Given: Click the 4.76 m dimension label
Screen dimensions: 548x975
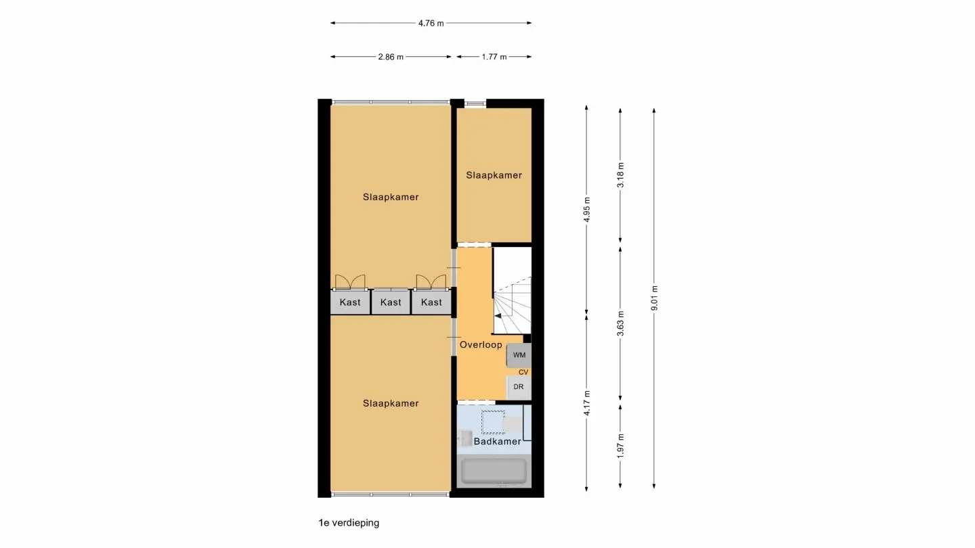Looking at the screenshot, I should click(x=431, y=23).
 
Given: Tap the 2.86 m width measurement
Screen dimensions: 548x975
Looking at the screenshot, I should click(x=391, y=57).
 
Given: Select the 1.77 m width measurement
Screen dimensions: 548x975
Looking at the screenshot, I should click(x=494, y=57).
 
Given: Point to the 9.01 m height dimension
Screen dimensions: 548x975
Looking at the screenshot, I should click(x=654, y=298).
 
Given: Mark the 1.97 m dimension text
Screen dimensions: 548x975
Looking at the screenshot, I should click(x=620, y=446).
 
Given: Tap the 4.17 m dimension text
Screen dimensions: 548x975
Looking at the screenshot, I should click(x=587, y=403).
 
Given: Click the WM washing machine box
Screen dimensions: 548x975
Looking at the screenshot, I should click(x=519, y=355).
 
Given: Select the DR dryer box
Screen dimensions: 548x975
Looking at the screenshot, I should click(x=519, y=387).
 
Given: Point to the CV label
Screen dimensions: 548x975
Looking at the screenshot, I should click(x=523, y=372).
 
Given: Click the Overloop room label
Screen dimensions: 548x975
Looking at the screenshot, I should click(x=481, y=344).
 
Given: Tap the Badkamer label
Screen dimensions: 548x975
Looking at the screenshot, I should click(x=497, y=442).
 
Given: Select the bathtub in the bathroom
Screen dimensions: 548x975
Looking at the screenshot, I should click(x=494, y=472).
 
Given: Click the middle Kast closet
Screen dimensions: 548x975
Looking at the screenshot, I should click(x=391, y=302).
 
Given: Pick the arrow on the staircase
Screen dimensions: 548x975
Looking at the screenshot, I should click(x=498, y=315).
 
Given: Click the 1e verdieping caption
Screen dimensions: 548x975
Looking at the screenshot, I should click(x=349, y=523).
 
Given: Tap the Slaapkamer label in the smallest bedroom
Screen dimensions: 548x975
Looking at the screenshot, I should click(x=494, y=175).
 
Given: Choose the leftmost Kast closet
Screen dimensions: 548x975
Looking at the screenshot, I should click(x=350, y=302).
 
